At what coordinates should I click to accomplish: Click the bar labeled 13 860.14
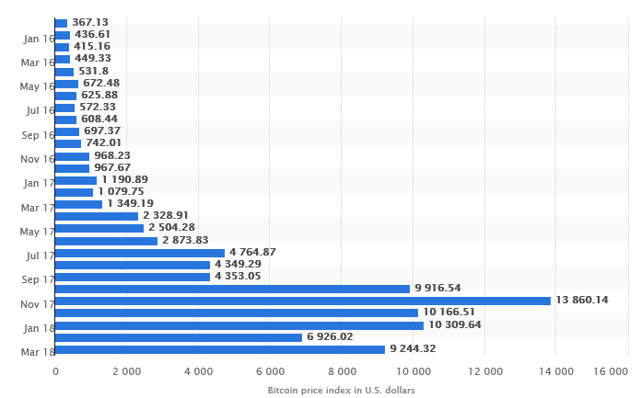click(303, 301)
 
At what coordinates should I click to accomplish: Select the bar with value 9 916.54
click(232, 289)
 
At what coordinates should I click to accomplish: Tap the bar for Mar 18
click(220, 349)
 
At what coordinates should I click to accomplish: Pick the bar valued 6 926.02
click(179, 337)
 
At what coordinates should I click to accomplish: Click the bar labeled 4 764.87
click(140, 253)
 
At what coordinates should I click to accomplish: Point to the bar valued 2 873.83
click(106, 241)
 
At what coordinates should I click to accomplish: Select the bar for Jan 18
click(239, 325)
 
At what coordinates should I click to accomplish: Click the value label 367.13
click(90, 22)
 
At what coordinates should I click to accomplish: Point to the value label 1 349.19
click(130, 203)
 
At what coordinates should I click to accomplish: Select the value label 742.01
click(103, 143)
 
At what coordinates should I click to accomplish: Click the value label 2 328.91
click(166, 216)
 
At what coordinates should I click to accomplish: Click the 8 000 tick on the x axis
click(342, 371)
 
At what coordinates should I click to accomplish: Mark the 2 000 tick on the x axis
click(126, 371)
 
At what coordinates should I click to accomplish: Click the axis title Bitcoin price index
click(341, 391)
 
